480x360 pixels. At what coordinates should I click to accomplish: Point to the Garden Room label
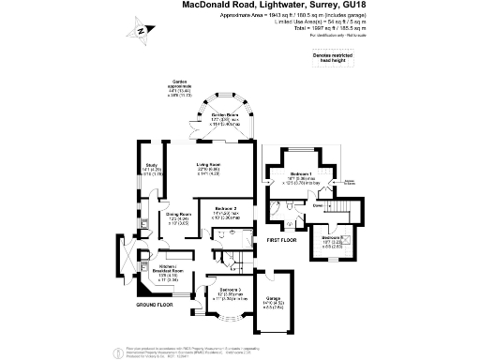(x=224, y=115)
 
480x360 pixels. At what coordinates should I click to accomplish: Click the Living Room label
(x=208, y=168)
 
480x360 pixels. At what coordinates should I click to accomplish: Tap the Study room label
(x=150, y=167)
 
